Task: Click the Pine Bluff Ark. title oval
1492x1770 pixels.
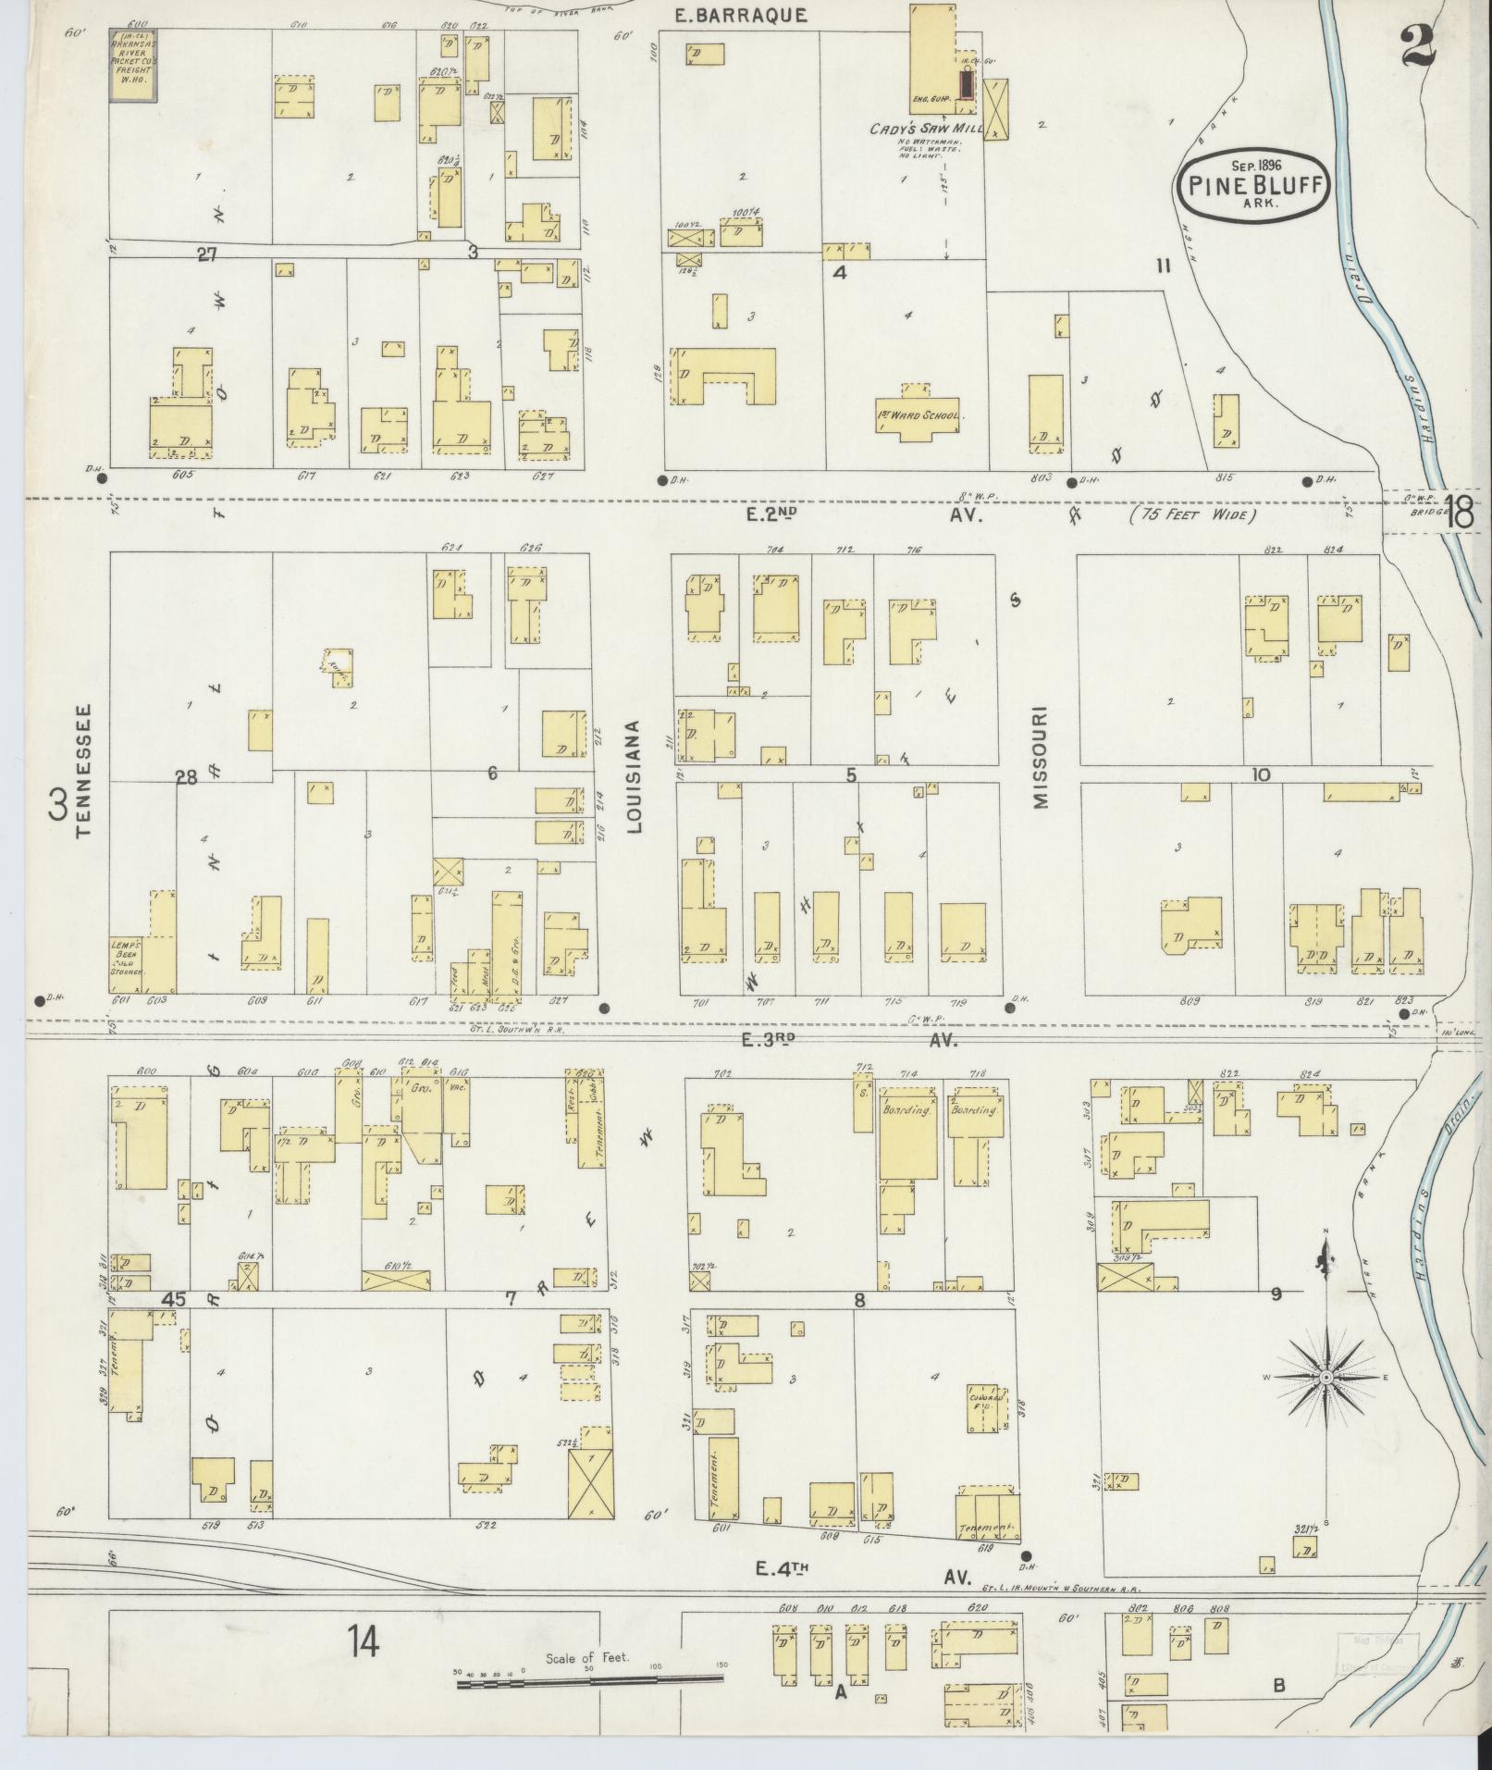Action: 1254,185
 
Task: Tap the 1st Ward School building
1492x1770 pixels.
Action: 919,415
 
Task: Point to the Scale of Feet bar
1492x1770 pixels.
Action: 589,1678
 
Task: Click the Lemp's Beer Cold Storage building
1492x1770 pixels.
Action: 128,953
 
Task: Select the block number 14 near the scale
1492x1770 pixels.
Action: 364,1643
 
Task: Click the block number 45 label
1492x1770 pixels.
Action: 173,1299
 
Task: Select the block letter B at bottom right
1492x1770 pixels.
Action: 1278,1686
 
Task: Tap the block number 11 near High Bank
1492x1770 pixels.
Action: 1163,266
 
